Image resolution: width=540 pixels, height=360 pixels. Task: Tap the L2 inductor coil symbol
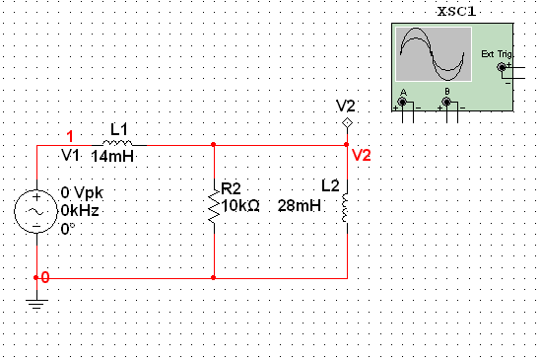coord(345,207)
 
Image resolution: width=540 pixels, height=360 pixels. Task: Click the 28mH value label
coord(299,205)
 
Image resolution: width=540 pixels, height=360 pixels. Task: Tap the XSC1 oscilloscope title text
coord(457,12)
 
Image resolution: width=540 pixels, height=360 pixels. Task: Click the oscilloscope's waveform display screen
coord(432,54)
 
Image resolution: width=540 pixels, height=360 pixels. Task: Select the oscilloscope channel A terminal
coord(402,101)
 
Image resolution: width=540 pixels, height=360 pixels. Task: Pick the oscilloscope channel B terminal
coord(447,101)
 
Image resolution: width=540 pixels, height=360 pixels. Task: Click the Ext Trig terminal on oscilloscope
coord(502,67)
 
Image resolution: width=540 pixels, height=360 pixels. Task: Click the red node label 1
coord(69,136)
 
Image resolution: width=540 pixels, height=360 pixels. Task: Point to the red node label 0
coord(44,278)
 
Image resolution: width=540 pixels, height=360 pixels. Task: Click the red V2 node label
coord(362,156)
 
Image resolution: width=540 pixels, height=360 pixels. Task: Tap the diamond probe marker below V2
coord(346,122)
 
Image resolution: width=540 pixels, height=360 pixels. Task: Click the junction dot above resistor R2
coord(214,144)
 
